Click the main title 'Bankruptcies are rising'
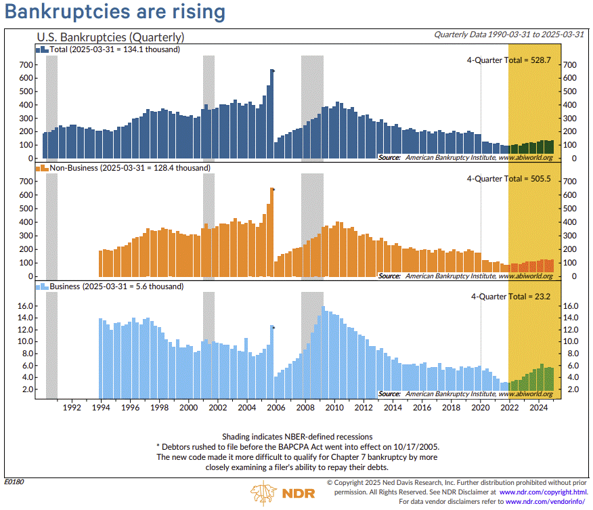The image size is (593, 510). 115,12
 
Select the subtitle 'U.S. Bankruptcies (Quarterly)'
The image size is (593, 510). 110,37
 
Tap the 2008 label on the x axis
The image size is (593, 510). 305,408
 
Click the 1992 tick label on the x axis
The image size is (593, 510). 72,408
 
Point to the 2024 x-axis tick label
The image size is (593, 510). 538,408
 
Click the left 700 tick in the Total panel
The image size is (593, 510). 26,64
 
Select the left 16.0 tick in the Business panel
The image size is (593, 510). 26,306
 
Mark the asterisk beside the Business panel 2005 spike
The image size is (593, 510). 273,328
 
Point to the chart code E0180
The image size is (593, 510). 14,482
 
